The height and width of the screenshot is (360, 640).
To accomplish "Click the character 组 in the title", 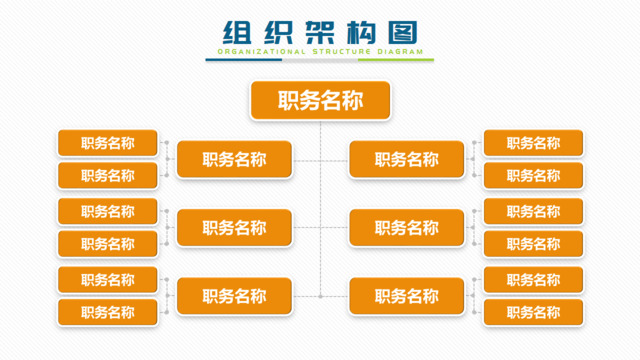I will pos(235,30).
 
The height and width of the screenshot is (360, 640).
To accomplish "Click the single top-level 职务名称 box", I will pos(320,100).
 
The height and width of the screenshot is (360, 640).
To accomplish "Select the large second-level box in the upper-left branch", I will pos(234,159).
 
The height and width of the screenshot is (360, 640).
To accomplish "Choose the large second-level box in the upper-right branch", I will pos(407,159).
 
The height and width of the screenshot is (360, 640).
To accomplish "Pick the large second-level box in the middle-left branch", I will pos(234,228).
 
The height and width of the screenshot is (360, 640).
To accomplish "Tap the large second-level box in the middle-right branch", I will pos(407,228).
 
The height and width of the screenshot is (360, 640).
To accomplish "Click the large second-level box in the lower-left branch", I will pos(234,296).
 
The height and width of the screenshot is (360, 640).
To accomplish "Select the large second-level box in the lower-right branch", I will pos(407,296).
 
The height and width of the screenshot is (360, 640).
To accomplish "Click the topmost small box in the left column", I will pos(108,143).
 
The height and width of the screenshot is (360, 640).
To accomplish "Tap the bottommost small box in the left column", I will pos(108,312).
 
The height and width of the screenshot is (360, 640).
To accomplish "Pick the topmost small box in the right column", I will pos(533,143).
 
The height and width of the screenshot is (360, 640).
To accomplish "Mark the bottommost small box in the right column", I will pos(533,312).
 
